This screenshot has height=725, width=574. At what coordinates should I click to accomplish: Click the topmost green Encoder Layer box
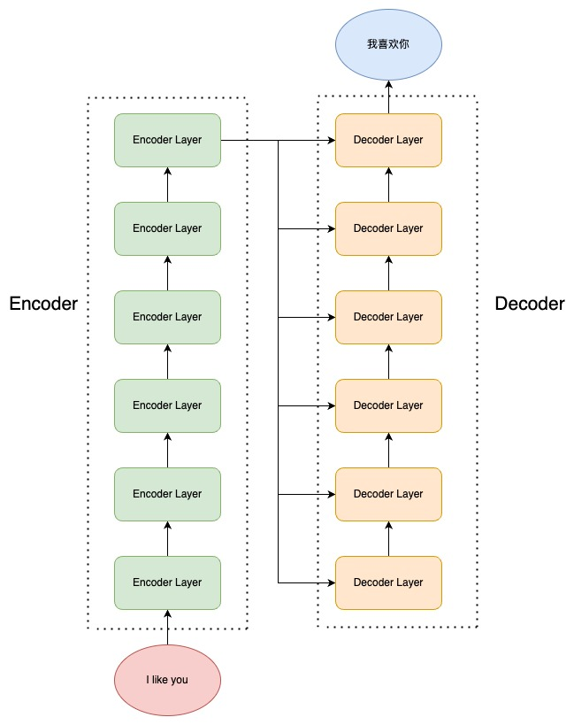point(167,140)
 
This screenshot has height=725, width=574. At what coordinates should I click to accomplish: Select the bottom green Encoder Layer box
point(167,582)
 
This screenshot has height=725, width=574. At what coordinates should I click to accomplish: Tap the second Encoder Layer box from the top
point(167,228)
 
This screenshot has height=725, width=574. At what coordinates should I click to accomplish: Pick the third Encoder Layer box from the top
point(167,317)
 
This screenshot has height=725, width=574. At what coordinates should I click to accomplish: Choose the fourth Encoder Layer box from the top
point(167,405)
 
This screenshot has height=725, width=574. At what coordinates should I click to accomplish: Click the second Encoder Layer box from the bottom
point(167,494)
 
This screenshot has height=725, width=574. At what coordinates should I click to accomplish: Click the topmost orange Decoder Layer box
point(388,140)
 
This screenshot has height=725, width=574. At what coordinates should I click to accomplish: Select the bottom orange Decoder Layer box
point(388,582)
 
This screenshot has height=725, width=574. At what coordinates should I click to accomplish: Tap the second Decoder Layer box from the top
point(388,228)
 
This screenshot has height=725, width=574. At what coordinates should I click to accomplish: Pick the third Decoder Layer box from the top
point(388,317)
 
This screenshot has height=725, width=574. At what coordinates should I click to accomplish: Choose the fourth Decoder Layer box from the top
point(388,405)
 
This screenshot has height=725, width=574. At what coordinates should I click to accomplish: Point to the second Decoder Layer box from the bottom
point(388,494)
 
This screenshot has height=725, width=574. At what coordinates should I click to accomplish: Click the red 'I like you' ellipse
point(167,681)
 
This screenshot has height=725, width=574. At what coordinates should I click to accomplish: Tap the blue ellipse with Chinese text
point(388,43)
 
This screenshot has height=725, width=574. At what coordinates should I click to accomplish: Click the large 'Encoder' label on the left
point(43,304)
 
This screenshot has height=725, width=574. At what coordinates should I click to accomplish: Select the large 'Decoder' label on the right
point(529,304)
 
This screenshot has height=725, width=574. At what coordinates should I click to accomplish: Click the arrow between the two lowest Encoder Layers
point(167,538)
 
